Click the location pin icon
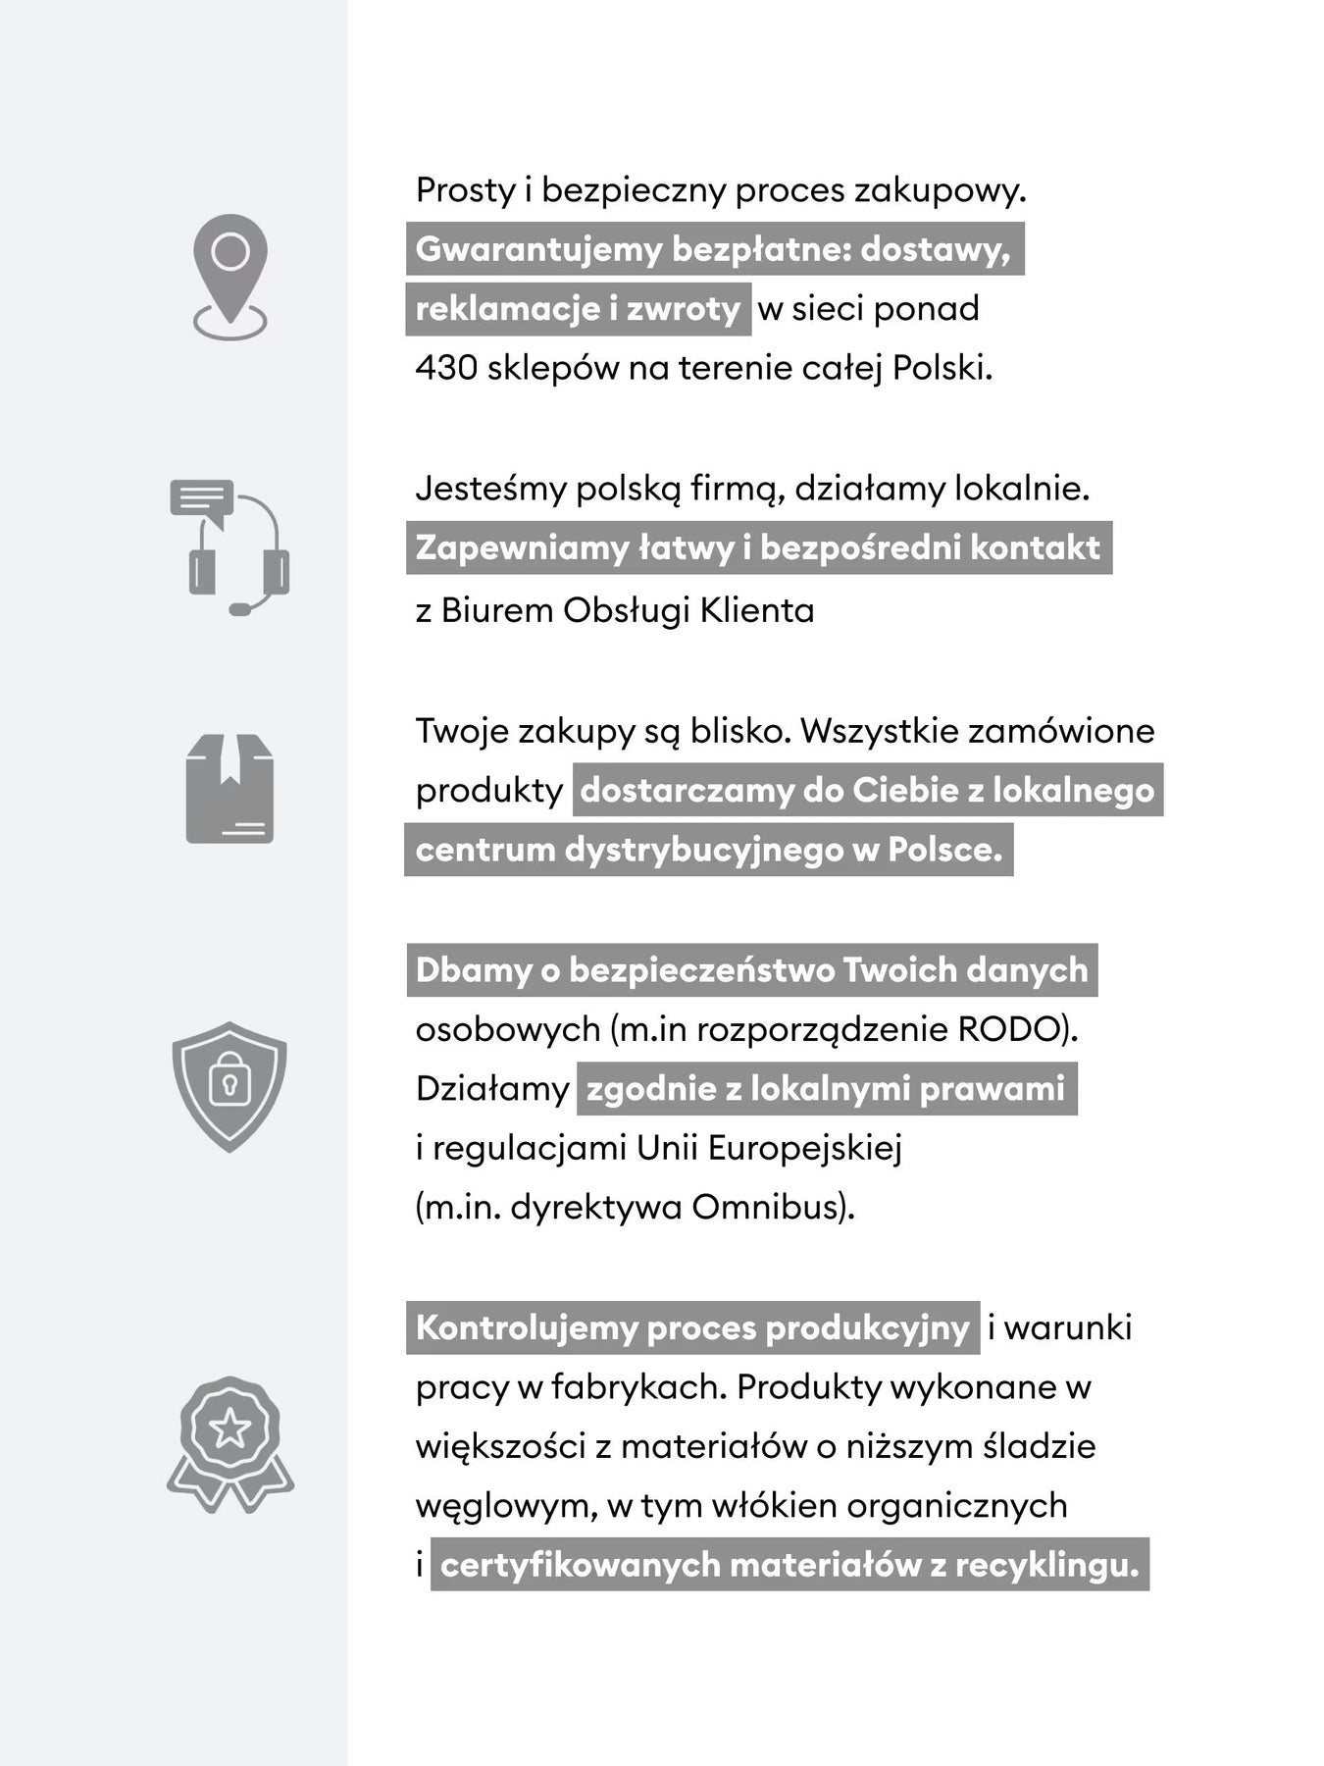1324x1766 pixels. coord(230,275)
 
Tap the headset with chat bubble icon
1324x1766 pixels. coord(230,547)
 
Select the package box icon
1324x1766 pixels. coord(229,789)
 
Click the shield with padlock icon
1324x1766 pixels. coord(229,1085)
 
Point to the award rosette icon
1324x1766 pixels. coord(230,1442)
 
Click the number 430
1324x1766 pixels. coord(446,369)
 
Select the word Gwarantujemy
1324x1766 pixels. coord(538,250)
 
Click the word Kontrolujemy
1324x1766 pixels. coord(525,1328)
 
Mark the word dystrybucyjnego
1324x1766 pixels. coord(703,850)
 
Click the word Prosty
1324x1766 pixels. coord(465,190)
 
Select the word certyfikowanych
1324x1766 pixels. coord(580,1565)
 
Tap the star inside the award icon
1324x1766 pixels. coord(230,1428)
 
